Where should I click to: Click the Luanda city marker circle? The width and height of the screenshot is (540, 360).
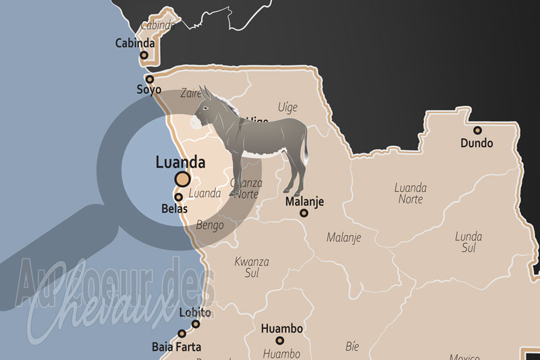[x=182, y=179]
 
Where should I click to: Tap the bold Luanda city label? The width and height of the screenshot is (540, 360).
[x=180, y=162]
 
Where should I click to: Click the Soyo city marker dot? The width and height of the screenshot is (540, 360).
[x=150, y=79]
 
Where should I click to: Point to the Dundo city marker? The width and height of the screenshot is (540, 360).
[x=477, y=130]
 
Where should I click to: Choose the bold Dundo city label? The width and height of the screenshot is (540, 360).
[x=477, y=143]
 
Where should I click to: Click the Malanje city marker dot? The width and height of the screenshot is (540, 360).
[x=304, y=213]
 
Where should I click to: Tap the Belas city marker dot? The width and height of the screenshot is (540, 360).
[x=178, y=197]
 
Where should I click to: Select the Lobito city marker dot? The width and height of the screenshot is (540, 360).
[x=196, y=324]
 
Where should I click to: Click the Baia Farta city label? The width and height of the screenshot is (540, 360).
[x=176, y=347]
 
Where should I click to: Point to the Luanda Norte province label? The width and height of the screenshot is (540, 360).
[x=410, y=193]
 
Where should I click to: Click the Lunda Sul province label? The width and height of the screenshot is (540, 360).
[x=468, y=242]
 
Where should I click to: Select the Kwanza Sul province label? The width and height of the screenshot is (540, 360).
[x=252, y=267]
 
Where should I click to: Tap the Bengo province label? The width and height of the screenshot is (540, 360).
[x=209, y=225]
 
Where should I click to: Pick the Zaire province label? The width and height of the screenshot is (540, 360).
[x=192, y=95]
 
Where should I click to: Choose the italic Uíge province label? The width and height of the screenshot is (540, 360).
[x=288, y=107]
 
